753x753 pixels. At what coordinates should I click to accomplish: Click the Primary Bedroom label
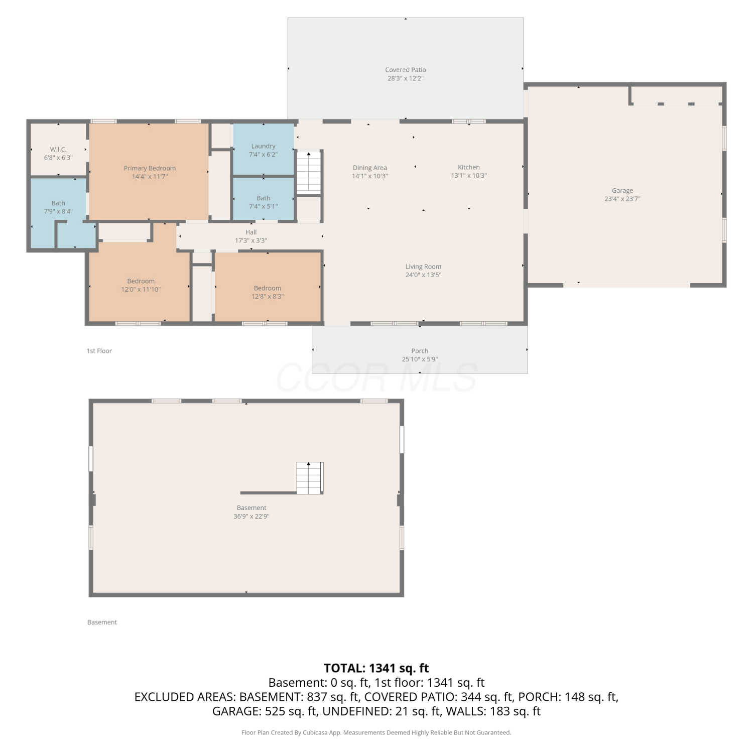click(150, 168)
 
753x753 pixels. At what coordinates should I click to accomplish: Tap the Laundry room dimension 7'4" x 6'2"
click(264, 155)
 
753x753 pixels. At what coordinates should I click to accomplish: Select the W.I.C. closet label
click(58, 149)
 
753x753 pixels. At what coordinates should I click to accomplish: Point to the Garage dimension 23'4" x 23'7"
click(622, 199)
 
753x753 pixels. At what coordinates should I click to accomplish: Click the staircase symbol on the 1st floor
click(309, 172)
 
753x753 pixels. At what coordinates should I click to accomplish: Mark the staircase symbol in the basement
click(309, 478)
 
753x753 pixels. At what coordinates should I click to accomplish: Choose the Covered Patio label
click(406, 70)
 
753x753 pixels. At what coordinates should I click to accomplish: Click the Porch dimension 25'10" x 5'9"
click(420, 359)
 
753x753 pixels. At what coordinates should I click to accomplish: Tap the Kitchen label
click(469, 167)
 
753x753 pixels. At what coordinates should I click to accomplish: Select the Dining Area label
click(370, 168)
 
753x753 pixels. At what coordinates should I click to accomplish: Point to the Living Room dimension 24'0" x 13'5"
click(423, 275)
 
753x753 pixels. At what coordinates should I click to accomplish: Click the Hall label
click(251, 232)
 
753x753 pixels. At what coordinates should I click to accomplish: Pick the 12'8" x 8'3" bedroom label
click(268, 288)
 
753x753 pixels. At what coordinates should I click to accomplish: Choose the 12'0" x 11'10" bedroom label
click(141, 281)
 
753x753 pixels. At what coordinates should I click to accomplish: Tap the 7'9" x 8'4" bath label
click(58, 203)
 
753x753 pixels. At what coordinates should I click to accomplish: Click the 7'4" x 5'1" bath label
click(264, 198)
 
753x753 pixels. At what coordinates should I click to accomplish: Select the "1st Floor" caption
click(99, 351)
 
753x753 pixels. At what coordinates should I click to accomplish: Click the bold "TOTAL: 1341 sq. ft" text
click(376, 668)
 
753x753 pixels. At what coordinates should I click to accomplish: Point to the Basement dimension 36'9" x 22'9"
click(252, 516)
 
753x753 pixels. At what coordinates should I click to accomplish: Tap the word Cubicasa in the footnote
click(315, 732)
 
